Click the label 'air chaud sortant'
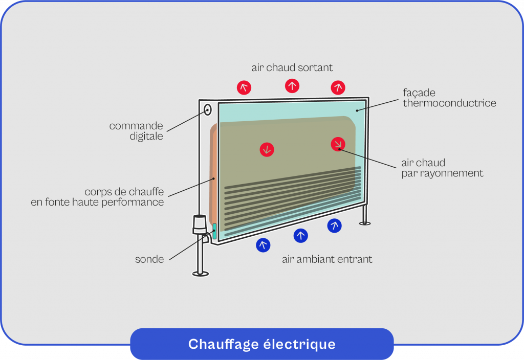292,67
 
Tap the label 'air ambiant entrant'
327,259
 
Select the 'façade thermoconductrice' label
449,98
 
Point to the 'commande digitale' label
136,131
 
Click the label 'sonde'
149,259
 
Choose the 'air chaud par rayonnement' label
442,168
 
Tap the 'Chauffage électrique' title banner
261,344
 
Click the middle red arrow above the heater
292,85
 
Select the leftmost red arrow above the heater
244,87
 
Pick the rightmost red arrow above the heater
338,87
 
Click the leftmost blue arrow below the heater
263,245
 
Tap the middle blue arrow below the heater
301,235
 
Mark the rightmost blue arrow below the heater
335,226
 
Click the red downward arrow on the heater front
267,149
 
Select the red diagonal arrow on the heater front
338,144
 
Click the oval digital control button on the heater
208,109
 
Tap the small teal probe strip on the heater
214,231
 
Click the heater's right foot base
365,222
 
